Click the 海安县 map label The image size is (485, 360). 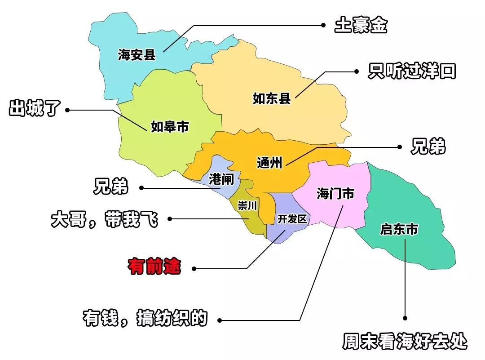137,55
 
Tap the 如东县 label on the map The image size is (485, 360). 272,98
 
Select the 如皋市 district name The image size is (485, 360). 170,127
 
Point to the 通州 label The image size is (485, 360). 269,162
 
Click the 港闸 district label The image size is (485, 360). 221,180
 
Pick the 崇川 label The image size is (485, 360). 247,206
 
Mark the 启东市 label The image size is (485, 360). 399,230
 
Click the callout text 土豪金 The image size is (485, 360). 360,26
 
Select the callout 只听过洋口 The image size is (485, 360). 411,71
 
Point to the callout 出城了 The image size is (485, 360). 35,109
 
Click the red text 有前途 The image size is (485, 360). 154,266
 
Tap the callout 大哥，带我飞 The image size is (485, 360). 105,220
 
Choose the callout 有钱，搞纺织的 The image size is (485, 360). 145,318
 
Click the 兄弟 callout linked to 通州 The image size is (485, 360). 428,147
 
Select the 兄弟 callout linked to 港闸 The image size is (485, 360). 111,187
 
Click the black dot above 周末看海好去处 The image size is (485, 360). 406,318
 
